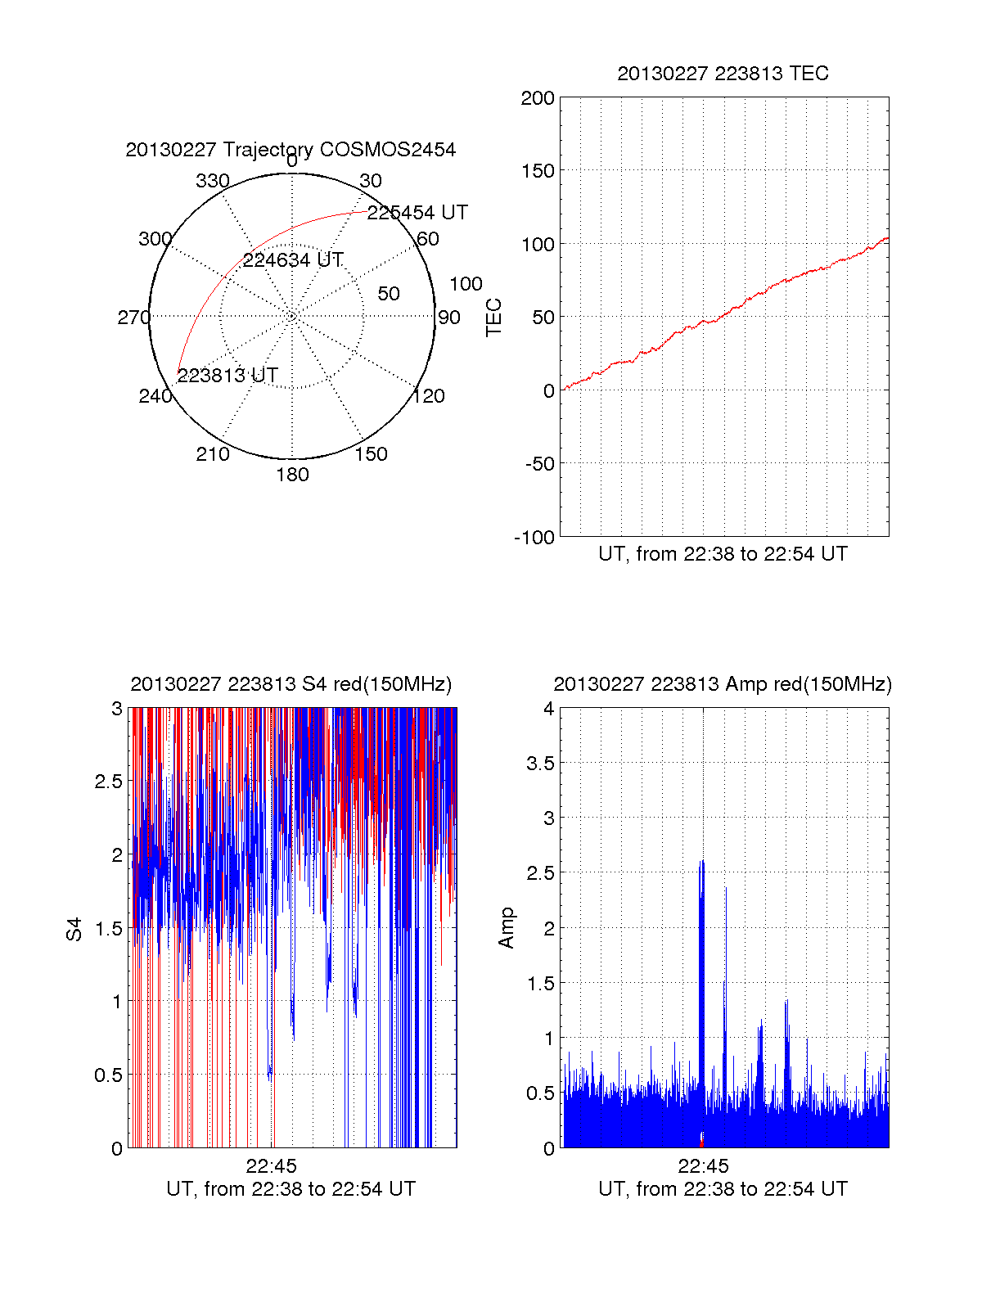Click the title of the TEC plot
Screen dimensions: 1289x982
723,74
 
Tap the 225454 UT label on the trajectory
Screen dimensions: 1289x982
417,213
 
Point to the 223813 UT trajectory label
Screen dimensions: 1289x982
227,376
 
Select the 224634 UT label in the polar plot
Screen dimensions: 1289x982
293,260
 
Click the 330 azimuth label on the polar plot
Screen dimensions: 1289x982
213,181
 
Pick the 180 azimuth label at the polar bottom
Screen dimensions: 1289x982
292,475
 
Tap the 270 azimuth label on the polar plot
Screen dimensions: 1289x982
133,318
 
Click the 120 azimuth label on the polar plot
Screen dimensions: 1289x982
429,396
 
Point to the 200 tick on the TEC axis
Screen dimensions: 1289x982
538,98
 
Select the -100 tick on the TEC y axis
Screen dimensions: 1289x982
534,538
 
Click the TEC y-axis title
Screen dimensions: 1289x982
494,318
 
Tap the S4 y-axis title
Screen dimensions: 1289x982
74,929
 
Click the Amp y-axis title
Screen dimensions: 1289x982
507,928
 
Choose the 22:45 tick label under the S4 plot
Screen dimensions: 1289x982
271,1166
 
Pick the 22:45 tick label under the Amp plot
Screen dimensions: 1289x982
703,1166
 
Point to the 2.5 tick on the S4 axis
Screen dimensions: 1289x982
109,782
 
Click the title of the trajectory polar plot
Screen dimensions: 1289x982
291,150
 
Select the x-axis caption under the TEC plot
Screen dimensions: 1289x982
723,554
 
